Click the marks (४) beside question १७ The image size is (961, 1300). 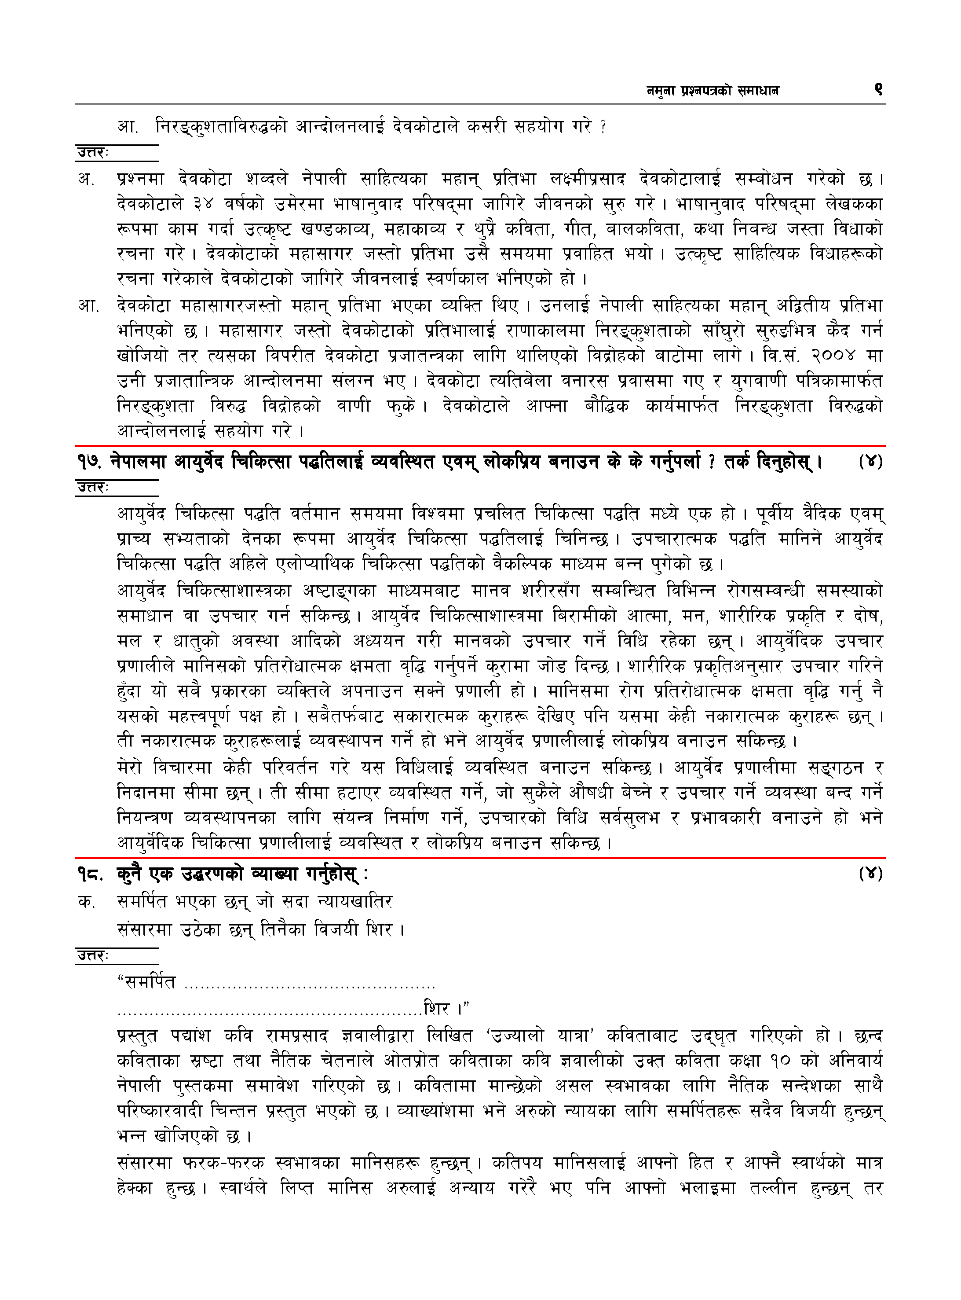click(x=870, y=462)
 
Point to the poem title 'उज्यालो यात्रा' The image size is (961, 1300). click(x=539, y=1036)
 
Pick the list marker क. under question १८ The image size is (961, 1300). click(x=86, y=902)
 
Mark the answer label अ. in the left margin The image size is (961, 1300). click(x=86, y=179)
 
